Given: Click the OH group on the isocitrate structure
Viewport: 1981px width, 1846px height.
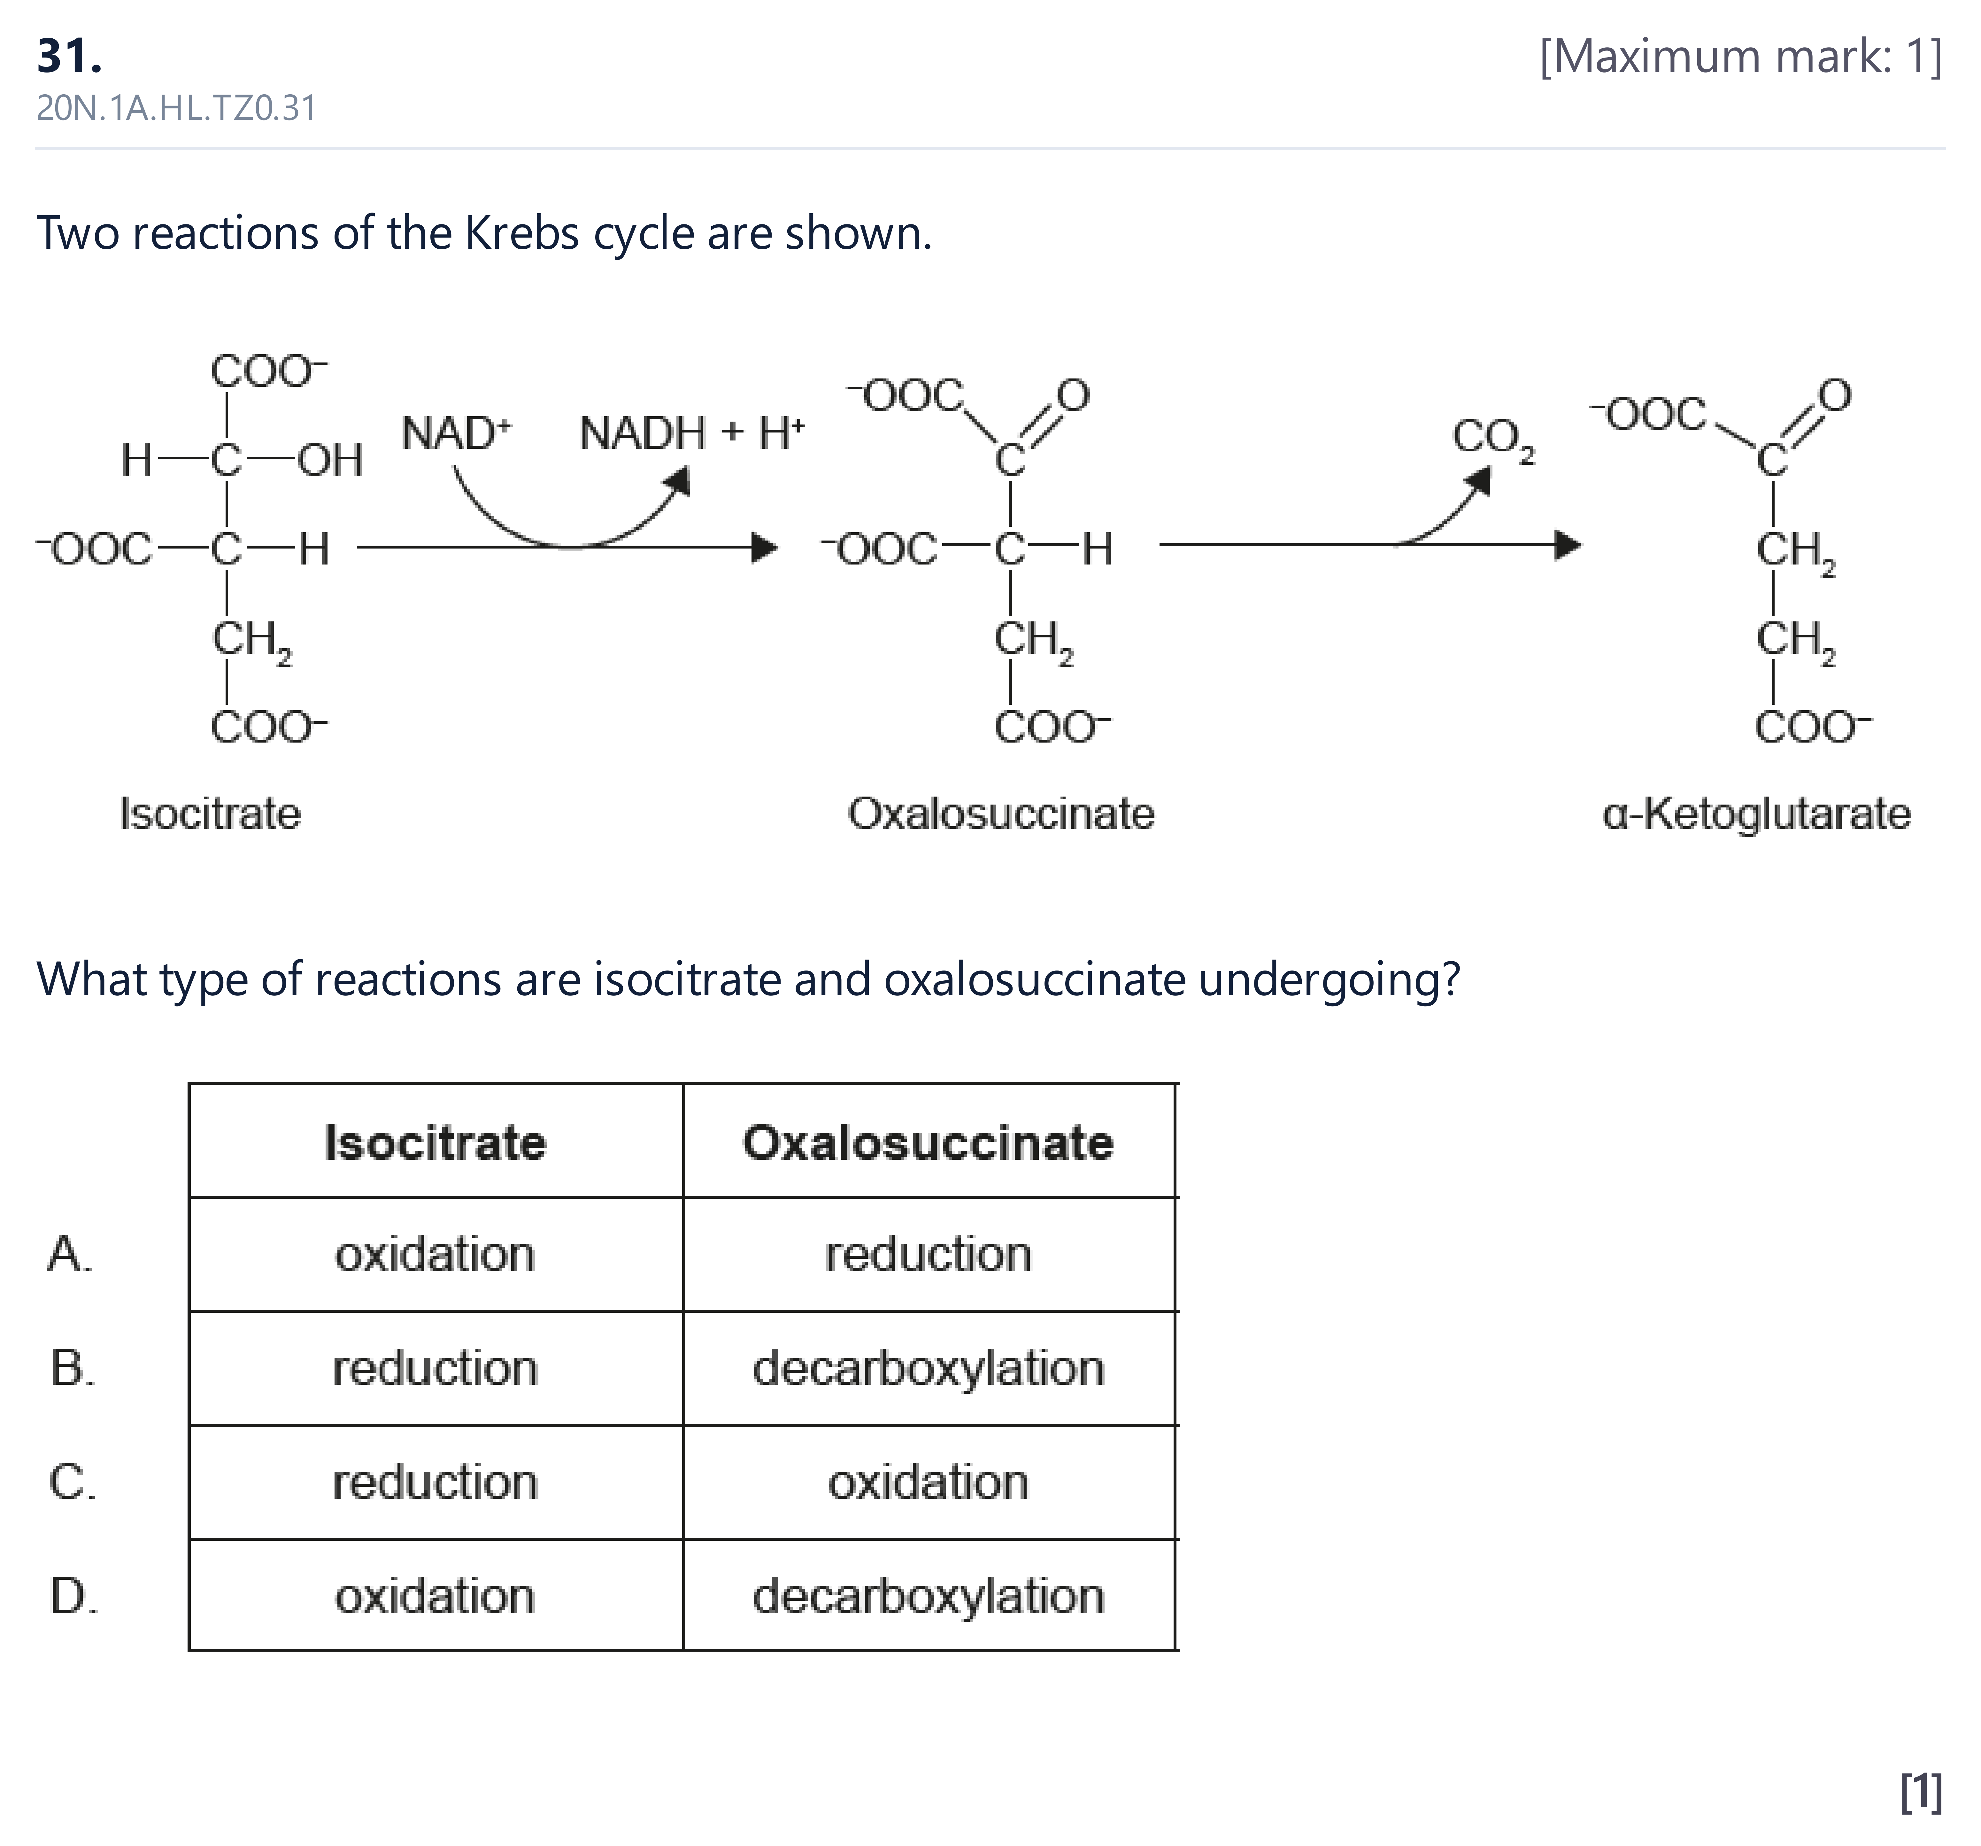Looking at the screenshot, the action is (331, 461).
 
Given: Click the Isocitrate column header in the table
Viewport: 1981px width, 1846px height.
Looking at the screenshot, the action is (436, 1142).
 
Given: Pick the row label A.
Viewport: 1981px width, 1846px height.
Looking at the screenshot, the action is (70, 1254).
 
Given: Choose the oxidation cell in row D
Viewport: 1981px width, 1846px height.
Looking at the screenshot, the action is (436, 1596).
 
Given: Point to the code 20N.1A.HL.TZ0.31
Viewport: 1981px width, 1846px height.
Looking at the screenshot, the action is (176, 108).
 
